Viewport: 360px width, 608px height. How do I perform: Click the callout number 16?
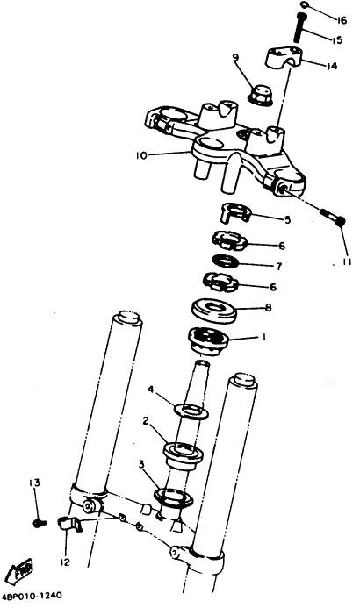coord(342,20)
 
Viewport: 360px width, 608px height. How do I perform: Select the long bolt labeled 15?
coord(299,27)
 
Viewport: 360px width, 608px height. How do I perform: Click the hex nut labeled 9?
coord(259,95)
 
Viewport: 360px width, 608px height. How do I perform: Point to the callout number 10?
coord(141,155)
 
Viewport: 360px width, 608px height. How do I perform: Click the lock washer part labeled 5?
coord(235,213)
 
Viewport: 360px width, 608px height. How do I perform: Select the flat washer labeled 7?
coord(226,261)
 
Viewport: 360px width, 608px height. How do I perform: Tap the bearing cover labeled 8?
coord(214,311)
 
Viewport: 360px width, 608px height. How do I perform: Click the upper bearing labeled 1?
coord(208,340)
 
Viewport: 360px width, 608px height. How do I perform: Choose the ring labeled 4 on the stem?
coord(191,411)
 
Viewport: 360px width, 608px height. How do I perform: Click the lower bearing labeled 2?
coord(184,457)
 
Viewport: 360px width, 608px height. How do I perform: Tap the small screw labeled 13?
coord(40,523)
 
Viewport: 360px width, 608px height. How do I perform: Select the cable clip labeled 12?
coord(70,525)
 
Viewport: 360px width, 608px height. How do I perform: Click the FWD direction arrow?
coord(20,571)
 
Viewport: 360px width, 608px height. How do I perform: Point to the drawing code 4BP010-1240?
coord(32,595)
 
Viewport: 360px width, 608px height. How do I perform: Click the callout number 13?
coord(34,483)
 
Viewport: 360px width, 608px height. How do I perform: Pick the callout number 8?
coord(268,308)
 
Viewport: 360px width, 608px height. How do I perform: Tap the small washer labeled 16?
coord(304,5)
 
